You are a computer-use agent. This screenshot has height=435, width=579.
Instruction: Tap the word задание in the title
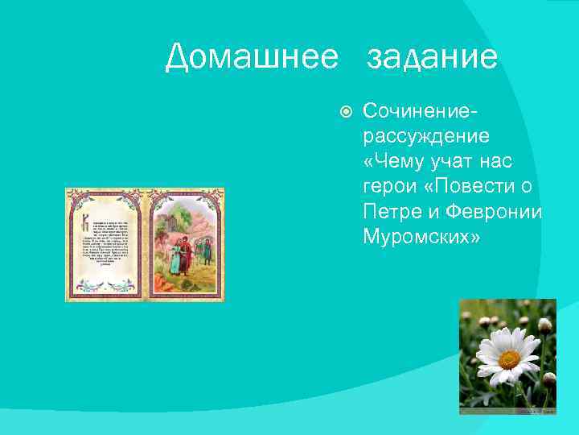[x=432, y=58]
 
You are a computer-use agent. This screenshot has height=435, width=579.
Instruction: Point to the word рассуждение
[x=425, y=135]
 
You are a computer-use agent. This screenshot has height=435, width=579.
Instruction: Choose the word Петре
[x=388, y=212]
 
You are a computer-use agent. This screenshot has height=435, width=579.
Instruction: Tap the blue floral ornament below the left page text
[x=105, y=283]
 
